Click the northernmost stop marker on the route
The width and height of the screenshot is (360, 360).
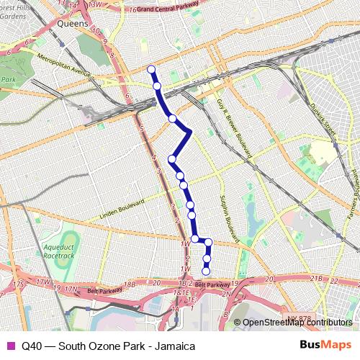151,69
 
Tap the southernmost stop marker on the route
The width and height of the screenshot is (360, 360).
206,271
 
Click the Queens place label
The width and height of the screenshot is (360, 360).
73,23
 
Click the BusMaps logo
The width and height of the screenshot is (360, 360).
326,346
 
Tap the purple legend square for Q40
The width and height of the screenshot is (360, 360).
10,346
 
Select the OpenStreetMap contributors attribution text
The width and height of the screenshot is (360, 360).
297,323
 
